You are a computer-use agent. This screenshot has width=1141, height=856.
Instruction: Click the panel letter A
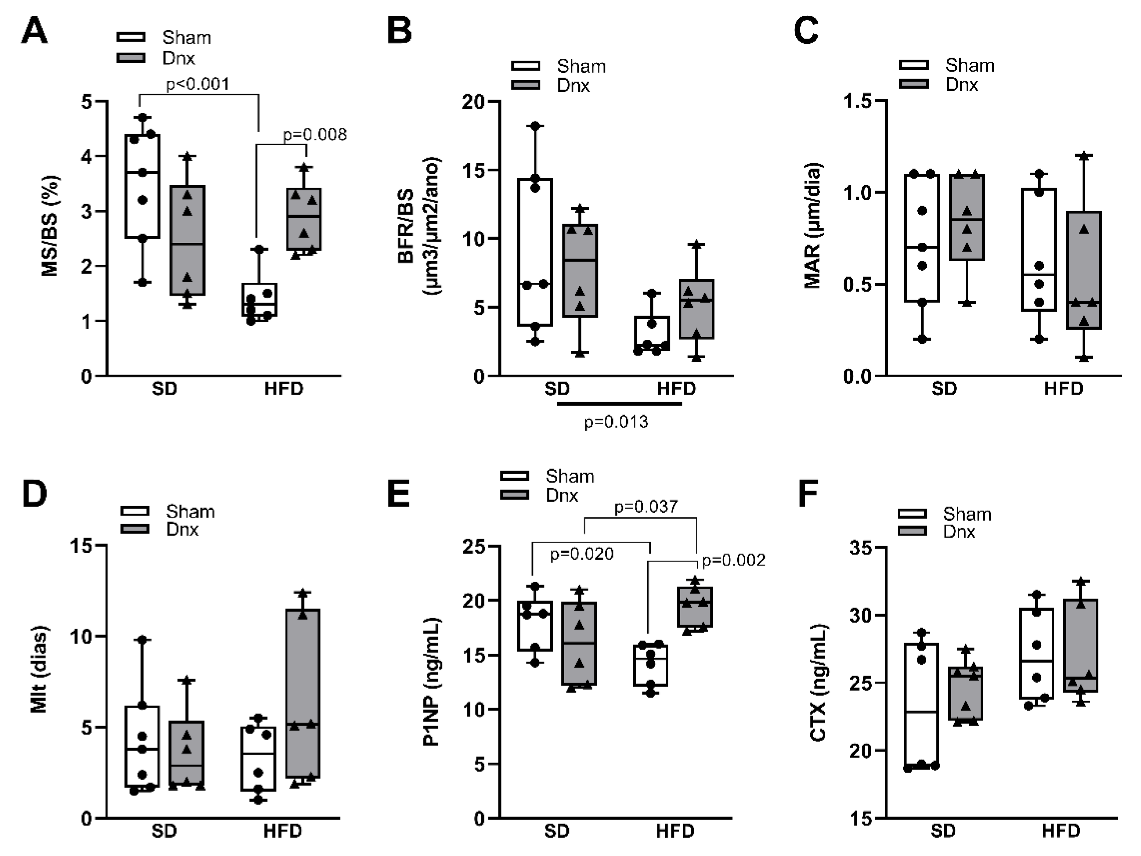click(34, 31)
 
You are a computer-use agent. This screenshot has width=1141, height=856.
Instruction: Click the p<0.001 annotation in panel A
click(198, 84)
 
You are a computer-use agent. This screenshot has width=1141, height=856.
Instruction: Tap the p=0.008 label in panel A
click(315, 135)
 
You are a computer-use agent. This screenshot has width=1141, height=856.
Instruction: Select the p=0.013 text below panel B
click(616, 422)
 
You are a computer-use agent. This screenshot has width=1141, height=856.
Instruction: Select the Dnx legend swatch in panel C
click(913, 84)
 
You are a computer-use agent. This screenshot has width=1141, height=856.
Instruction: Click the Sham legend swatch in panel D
click(135, 511)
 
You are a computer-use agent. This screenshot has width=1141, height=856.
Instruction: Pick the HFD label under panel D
click(282, 831)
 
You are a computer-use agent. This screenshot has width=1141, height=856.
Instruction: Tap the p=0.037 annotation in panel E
click(646, 507)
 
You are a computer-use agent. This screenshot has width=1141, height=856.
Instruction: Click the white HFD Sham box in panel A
click(260, 299)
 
